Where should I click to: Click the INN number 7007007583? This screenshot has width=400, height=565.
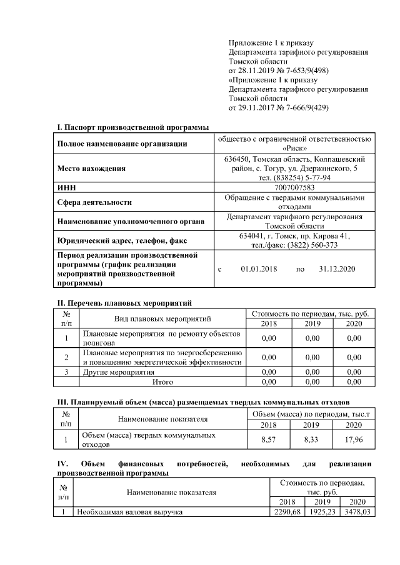pos(294,187)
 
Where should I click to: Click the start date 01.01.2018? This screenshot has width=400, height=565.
pos(258,269)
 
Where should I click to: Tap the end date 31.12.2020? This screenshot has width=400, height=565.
pos(336,269)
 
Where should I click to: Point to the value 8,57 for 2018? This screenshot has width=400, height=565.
pos(269,440)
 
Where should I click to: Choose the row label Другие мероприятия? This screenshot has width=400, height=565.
pos(119,372)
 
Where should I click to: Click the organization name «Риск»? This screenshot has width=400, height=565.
pos(294,149)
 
